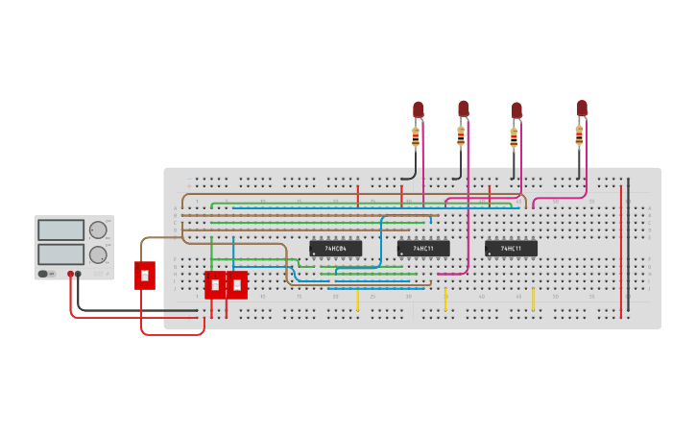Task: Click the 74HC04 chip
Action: click(x=335, y=248)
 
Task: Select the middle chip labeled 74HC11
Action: click(x=423, y=248)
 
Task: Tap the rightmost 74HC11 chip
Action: click(x=511, y=248)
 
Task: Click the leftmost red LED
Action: click(x=418, y=109)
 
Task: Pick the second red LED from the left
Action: click(x=463, y=108)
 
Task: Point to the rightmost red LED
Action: click(x=582, y=108)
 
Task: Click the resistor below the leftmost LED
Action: click(x=417, y=136)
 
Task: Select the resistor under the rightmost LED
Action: click(x=579, y=134)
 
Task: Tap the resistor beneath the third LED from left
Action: click(x=514, y=138)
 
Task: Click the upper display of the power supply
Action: click(x=60, y=230)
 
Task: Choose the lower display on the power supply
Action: click(x=60, y=254)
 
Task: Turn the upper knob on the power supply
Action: click(x=98, y=230)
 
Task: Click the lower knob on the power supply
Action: click(x=98, y=254)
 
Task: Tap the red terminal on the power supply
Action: click(x=70, y=275)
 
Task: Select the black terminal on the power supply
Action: click(x=79, y=275)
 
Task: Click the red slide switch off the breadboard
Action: click(x=144, y=275)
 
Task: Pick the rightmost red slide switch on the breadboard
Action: click(x=236, y=285)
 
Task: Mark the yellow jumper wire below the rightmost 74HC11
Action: click(x=534, y=299)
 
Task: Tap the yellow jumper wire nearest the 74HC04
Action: click(x=358, y=301)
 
